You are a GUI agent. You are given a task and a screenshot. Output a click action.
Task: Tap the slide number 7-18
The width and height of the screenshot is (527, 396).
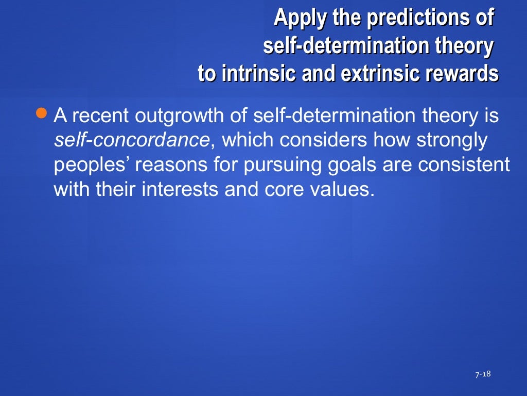[483, 374]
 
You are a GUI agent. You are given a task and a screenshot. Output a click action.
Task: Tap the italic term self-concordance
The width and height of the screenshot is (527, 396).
[132, 140]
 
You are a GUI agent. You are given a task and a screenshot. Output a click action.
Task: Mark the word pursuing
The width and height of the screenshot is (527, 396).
[278, 165]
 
